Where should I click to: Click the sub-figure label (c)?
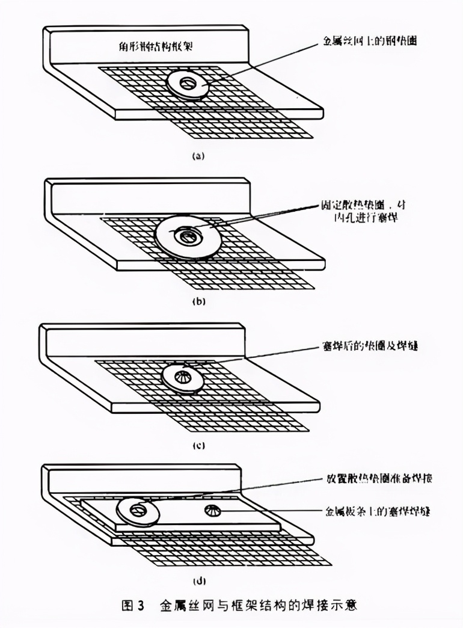point(198,446)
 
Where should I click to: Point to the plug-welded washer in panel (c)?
point(183,379)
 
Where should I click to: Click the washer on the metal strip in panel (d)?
point(138,511)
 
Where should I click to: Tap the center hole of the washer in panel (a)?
point(188,82)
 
